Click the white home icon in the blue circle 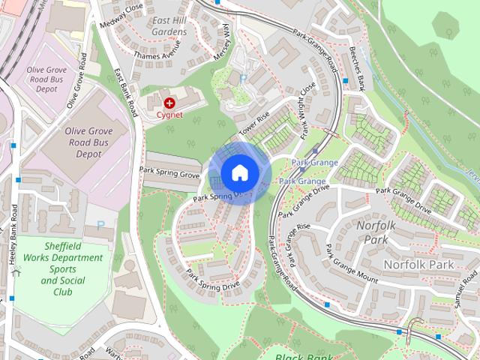(x=239, y=173)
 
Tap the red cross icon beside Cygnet (x=169, y=102)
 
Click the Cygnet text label (x=169, y=115)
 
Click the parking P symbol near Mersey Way (x=242, y=79)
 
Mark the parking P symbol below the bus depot (x=100, y=223)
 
